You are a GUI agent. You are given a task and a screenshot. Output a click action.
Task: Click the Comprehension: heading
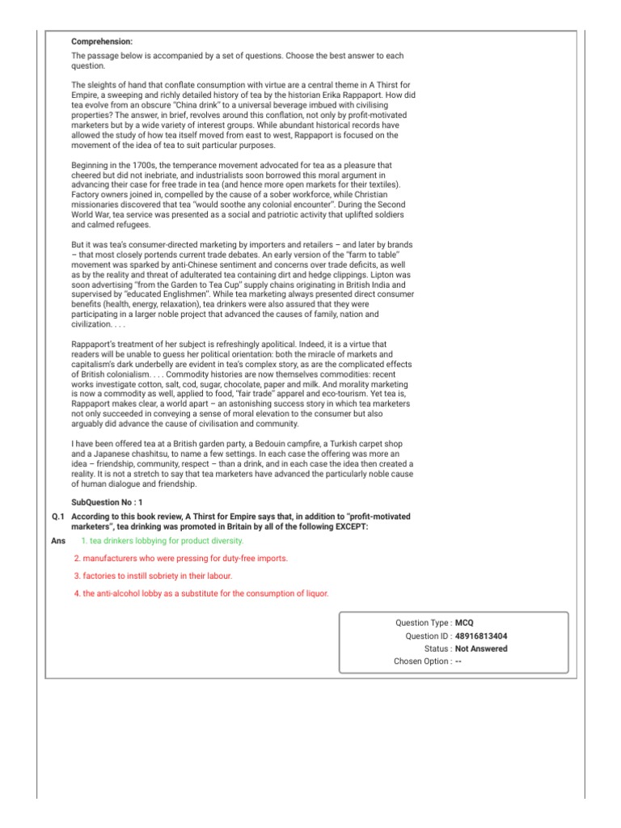coord(102,41)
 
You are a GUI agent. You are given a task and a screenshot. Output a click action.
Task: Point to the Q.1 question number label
coord(57,516)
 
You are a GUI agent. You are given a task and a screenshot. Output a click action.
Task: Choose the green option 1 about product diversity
coord(162,540)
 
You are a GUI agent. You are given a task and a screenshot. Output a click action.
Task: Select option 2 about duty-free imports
coord(180,558)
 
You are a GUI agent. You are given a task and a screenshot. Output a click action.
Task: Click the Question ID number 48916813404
coord(482,636)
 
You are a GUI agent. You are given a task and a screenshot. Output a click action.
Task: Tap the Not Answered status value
coord(482,648)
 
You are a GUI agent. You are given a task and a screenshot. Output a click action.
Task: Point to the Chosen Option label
coord(423,661)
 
